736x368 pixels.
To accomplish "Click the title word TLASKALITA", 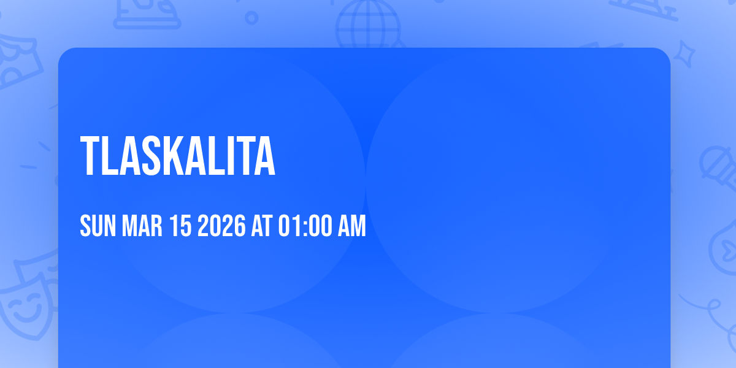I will pyautogui.click(x=178, y=156).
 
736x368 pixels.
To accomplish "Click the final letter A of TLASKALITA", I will pyautogui.click(x=264, y=156).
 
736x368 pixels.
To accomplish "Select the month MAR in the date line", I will pyautogui.click(x=142, y=226).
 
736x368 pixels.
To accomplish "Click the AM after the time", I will pyautogui.click(x=351, y=226).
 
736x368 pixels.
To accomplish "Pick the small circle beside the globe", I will pyautogui.click(x=251, y=18).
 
